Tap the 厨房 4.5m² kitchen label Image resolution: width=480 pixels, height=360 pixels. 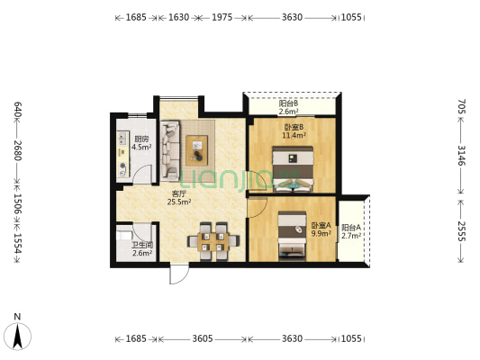(141, 143)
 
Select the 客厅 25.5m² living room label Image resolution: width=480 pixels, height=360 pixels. (179, 198)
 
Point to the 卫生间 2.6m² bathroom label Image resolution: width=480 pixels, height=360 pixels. (142, 249)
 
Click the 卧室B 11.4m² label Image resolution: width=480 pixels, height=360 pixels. (294, 130)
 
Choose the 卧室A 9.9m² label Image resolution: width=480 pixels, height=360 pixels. (322, 229)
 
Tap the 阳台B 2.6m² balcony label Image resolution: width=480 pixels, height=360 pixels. (288, 107)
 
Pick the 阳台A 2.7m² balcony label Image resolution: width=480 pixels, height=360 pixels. (351, 231)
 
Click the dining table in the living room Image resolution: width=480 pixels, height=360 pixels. (213, 241)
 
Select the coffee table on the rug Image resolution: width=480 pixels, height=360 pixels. (197, 150)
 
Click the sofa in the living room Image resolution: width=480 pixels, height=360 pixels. (170, 151)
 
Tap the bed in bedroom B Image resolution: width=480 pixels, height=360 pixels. (293, 169)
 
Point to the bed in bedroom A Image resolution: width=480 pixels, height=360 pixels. (292, 236)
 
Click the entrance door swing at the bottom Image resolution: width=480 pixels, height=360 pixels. (179, 274)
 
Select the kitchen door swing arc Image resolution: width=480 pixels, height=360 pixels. (142, 175)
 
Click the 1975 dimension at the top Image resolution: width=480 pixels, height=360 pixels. (222, 17)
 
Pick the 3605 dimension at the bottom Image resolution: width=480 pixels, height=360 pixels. (203, 339)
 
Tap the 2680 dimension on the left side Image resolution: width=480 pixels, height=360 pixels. (18, 150)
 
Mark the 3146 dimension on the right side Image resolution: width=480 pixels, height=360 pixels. (461, 156)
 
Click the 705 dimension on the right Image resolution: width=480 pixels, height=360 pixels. (461, 106)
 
